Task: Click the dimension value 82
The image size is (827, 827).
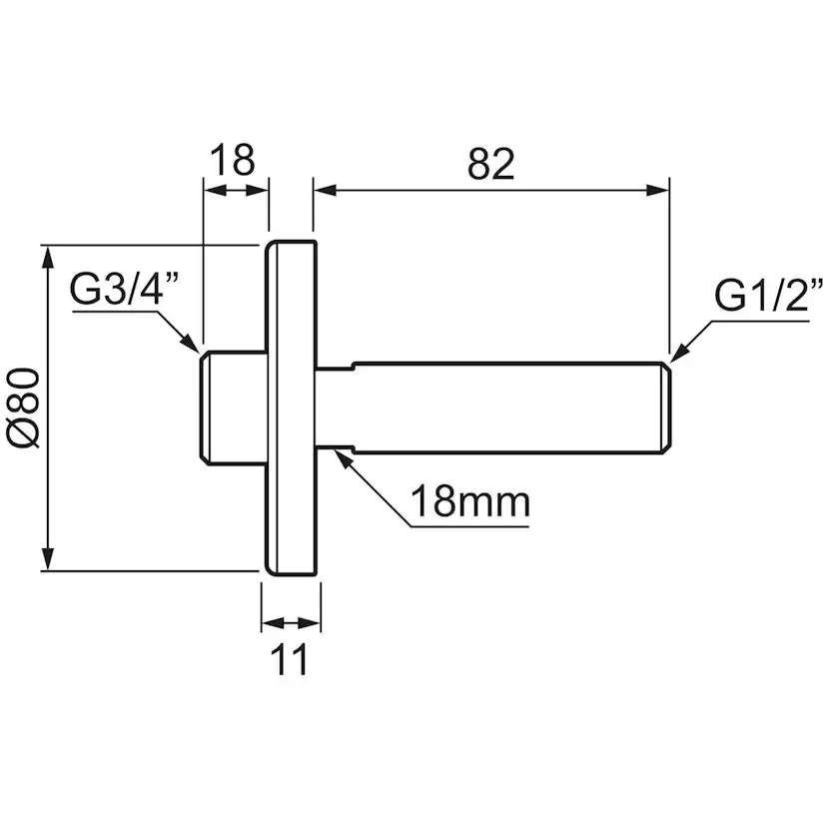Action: [490, 164]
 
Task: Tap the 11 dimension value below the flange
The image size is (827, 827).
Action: [291, 659]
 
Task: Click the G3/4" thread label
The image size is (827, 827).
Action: [125, 292]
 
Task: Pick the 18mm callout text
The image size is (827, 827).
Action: [470, 502]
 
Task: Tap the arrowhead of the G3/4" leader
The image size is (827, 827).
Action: [191, 342]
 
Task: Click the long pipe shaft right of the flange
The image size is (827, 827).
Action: [499, 406]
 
